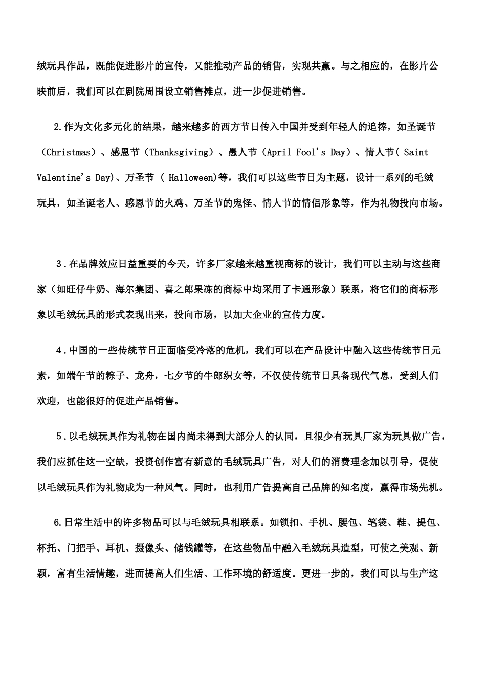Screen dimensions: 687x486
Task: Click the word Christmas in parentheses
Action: pyautogui.click(x=69, y=152)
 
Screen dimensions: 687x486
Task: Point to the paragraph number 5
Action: pyautogui.click(x=59, y=437)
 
